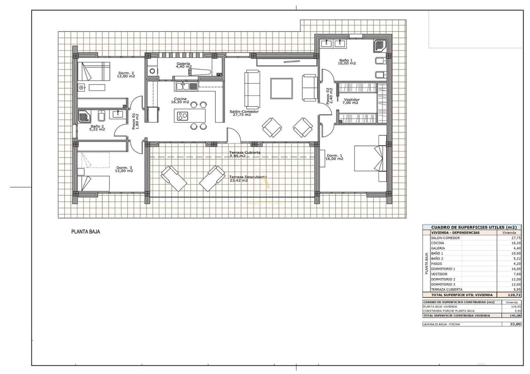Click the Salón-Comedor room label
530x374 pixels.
click(244, 112)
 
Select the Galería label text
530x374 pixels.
click(183, 64)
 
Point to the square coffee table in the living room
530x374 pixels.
click(281, 88)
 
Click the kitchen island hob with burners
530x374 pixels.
click(182, 116)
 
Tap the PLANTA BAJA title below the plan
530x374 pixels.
click(85, 232)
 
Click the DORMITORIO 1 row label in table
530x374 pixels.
click(443, 269)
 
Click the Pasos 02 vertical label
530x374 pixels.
click(328, 96)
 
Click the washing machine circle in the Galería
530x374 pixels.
click(152, 70)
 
